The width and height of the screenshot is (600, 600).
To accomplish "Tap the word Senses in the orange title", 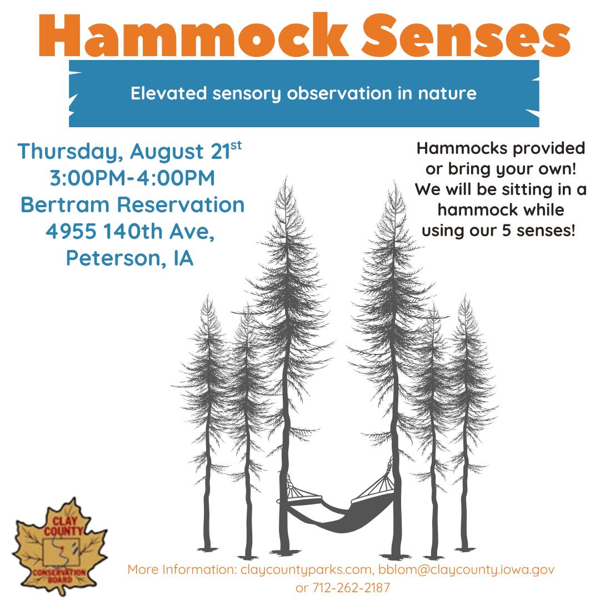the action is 467,36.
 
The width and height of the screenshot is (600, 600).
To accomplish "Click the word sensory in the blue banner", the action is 247,94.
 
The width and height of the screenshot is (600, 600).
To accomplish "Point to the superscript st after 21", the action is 236,146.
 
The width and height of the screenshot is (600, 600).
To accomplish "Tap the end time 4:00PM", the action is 176,178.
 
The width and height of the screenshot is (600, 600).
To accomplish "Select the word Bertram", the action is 65,204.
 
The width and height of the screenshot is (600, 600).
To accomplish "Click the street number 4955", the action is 71,232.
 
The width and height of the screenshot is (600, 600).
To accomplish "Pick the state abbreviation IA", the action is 184,258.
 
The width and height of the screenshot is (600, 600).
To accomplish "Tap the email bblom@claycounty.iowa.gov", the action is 467,570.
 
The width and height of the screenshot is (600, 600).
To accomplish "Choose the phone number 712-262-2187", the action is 352,587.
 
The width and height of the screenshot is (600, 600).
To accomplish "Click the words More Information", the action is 182,569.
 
